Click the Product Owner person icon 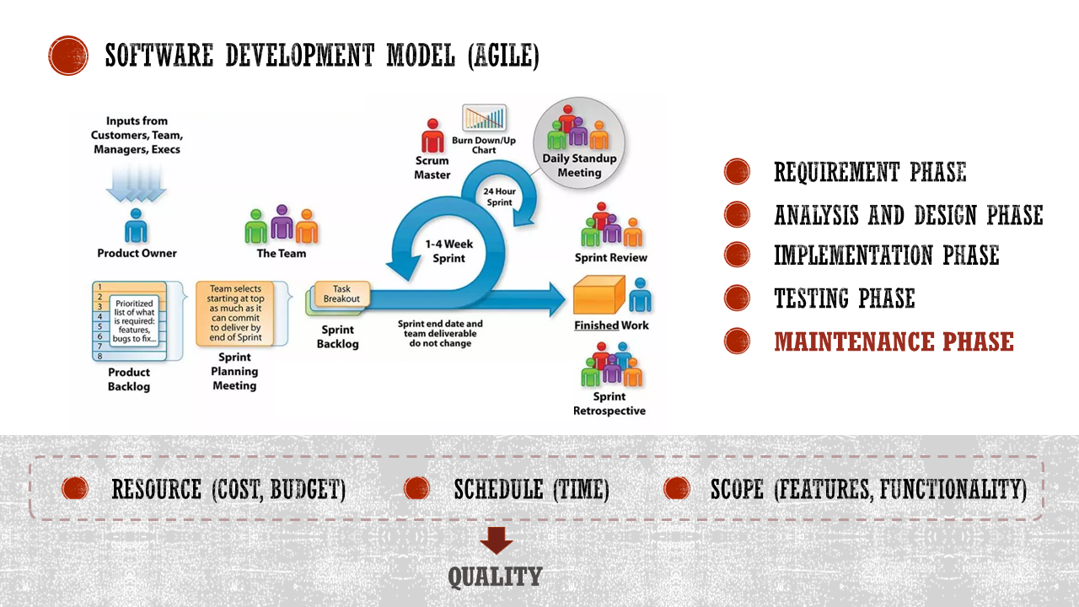pos(136,226)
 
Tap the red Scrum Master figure pos(432,136)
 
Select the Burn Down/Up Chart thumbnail pos(484,117)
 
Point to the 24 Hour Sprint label pos(500,196)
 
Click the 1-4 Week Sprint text pos(449,251)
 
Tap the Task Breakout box pos(341,294)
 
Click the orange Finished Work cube pos(599,295)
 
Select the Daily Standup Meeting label pos(579,165)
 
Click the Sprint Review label pos(611,258)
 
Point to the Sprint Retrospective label pos(609,404)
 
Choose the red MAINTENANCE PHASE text pos(894,341)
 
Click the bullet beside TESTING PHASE pos(737,298)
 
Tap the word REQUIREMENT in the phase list pos(836,172)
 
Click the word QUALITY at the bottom pos(495,577)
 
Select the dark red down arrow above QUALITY pos(497,540)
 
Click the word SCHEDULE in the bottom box pos(498,490)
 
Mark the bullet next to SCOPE pos(676,488)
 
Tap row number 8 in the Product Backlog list pos(100,357)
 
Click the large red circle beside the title pos(68,56)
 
